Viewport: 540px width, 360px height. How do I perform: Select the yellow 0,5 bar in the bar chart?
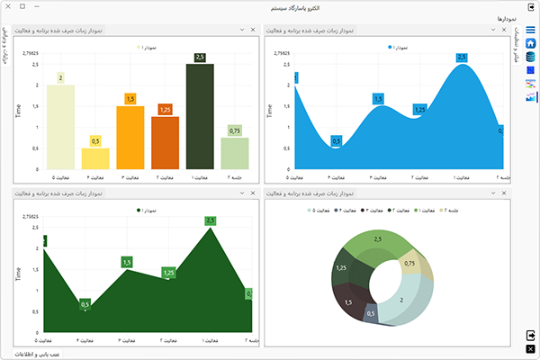point(95,158)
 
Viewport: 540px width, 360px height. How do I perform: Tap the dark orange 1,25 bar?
point(165,142)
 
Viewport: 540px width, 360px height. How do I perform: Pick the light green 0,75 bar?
point(234,153)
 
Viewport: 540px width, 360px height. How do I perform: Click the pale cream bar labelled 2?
point(60,126)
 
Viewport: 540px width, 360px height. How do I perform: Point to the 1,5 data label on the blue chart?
point(378,99)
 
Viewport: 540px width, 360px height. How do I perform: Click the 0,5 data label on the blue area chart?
point(336,140)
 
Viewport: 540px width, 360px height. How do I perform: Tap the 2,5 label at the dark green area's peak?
point(211,220)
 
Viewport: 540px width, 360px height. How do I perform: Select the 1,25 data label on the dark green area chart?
point(168,272)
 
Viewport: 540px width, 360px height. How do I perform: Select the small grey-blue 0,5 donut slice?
point(370,314)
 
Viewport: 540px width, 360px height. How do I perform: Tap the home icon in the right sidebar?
point(531,43)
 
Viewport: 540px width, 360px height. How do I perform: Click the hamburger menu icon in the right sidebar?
point(531,31)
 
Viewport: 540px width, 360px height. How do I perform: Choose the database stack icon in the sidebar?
point(531,57)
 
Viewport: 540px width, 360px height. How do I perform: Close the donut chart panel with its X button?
point(506,193)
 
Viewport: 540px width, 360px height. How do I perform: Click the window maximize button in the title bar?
point(22,6)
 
